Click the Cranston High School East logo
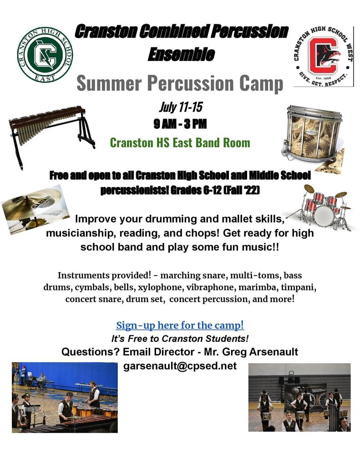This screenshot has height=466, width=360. tap(45, 55)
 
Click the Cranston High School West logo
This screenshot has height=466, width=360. tap(324, 57)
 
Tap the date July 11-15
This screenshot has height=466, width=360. tap(181, 107)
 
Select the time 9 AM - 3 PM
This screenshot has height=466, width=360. tap(180, 124)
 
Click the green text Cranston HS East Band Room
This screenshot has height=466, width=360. tap(180, 142)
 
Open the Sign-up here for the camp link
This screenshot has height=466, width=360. tap(180, 325)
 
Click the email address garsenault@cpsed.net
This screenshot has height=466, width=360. tap(180, 365)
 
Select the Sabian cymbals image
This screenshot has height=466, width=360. tap(35, 209)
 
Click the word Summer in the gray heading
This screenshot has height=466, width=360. tap(109, 83)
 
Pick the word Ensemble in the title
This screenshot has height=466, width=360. tap(181, 54)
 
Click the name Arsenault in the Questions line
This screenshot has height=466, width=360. tap(274, 352)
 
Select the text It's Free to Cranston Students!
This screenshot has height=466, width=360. tap(180, 339)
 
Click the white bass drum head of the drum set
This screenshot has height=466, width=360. tap(324, 216)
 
